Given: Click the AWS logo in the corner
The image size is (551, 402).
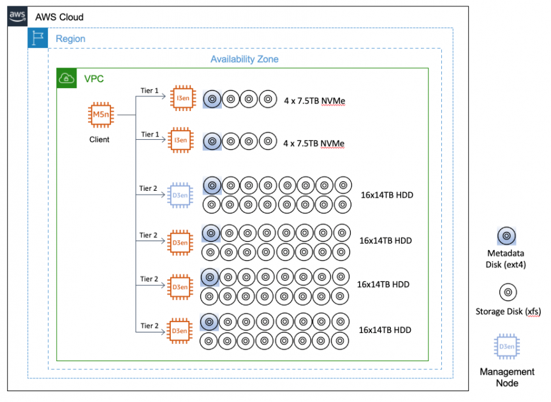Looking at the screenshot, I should click(17, 17).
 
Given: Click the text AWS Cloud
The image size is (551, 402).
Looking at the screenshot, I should click(59, 17).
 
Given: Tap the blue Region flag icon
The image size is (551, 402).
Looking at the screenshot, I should click(37, 38).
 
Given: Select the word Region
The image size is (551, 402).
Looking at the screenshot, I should click(70, 39).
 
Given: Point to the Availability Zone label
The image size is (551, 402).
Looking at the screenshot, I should click(244, 59).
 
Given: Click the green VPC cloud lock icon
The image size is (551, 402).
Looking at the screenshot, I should click(66, 78).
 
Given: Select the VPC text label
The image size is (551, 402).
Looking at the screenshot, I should click(94, 79).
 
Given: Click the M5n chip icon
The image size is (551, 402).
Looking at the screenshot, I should click(99, 115).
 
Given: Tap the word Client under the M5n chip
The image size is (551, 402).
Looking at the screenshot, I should click(99, 139).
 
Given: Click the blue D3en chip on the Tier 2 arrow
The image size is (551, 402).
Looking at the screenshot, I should click(180, 195).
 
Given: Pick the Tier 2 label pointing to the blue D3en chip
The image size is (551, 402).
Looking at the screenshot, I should click(149, 188).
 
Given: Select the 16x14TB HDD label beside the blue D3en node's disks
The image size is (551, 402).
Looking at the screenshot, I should click(387, 195).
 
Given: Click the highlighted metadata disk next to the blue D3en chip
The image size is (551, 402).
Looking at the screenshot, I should click(212, 186).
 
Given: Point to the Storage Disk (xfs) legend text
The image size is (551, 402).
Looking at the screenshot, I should click(508, 311).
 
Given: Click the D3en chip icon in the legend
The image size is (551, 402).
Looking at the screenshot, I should click(507, 346).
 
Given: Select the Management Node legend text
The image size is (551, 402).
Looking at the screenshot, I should click(507, 377).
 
